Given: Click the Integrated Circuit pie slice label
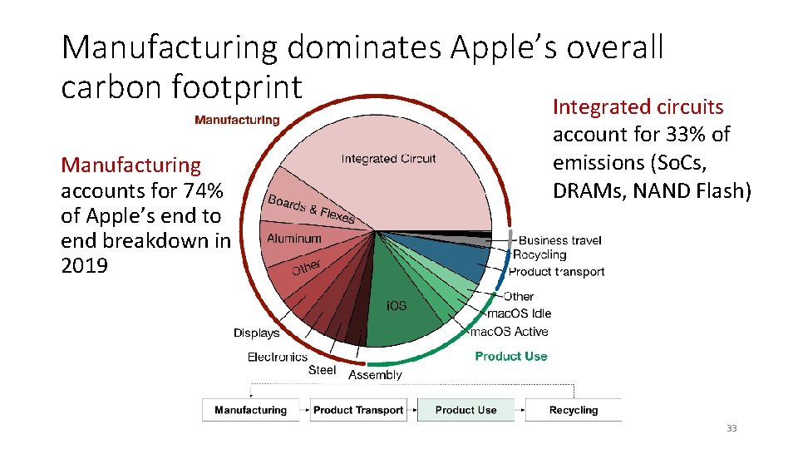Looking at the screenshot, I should click(388, 160).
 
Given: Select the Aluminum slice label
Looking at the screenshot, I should click(293, 239).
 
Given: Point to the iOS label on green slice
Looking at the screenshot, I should click(397, 305).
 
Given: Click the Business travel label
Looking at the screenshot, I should click(560, 240).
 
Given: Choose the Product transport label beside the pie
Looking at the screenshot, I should click(556, 272).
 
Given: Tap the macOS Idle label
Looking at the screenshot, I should click(519, 313).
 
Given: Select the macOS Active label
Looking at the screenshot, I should click(509, 332).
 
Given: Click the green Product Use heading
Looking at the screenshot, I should click(511, 356).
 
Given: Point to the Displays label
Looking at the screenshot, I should click(256, 333).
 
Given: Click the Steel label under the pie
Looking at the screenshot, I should click(322, 370).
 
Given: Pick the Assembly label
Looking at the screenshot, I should click(375, 375).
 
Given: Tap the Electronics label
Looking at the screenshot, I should click(277, 357).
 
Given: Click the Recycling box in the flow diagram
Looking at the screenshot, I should click(574, 410).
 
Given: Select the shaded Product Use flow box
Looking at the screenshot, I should click(465, 410).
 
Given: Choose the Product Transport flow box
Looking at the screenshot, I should click(358, 410).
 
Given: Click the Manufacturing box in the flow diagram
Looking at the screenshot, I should click(250, 410).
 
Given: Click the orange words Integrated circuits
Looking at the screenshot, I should click(638, 106).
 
